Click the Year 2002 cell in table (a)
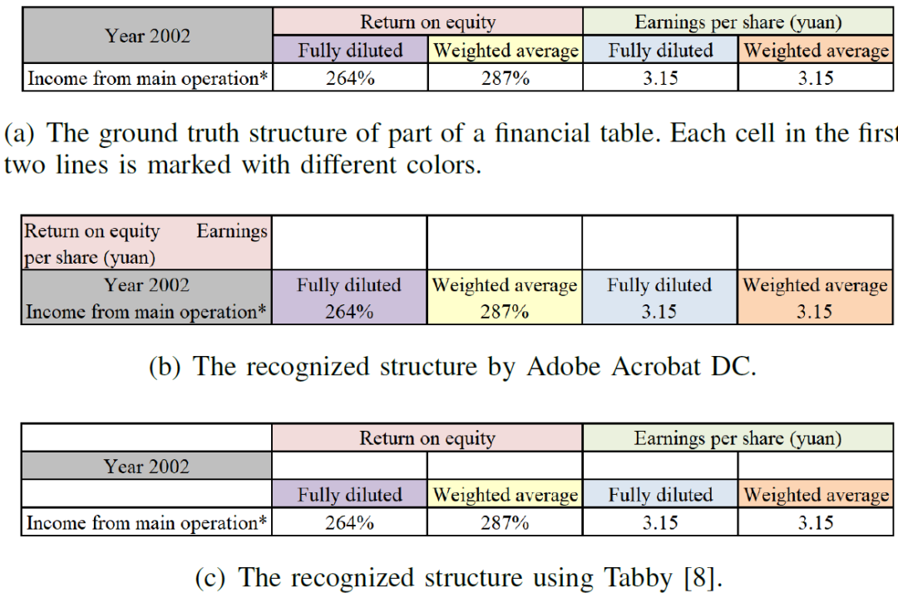(147, 36)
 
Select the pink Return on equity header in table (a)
(427, 22)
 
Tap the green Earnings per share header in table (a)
(738, 22)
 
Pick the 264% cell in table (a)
(349, 79)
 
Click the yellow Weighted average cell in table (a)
(506, 51)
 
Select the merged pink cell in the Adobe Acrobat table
(146, 244)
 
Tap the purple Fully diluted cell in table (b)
(349, 285)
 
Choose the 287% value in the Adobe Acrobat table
(505, 312)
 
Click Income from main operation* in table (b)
(146, 312)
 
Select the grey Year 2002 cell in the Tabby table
(146, 467)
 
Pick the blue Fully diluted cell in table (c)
(660, 495)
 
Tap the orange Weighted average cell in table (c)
(816, 495)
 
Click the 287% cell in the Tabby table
(505, 522)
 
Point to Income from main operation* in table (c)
(146, 522)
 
